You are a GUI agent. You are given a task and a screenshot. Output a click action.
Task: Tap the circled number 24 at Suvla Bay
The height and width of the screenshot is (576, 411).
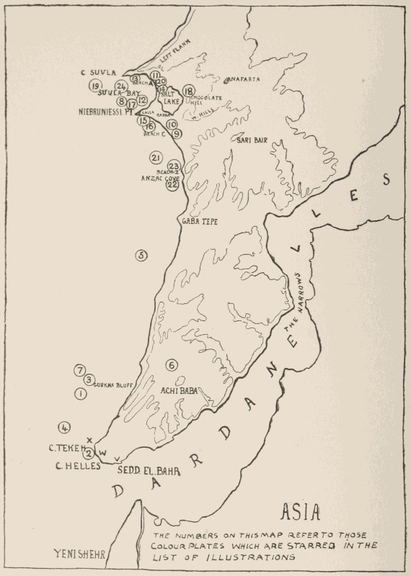[x=120, y=86]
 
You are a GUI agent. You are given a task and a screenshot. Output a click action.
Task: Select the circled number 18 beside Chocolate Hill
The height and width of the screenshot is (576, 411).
[x=189, y=91]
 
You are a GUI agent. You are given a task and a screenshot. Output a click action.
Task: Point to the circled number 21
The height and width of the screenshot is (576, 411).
[x=155, y=158]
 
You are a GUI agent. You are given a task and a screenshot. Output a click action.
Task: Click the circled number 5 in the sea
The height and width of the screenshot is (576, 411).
[x=141, y=255]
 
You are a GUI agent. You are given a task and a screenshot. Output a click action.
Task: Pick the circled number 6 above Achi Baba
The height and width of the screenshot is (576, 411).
[x=171, y=365]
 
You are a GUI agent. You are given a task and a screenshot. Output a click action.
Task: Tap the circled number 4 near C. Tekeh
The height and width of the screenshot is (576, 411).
[x=65, y=427]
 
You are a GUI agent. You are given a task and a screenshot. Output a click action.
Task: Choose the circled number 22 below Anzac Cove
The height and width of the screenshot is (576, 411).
[x=172, y=185]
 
